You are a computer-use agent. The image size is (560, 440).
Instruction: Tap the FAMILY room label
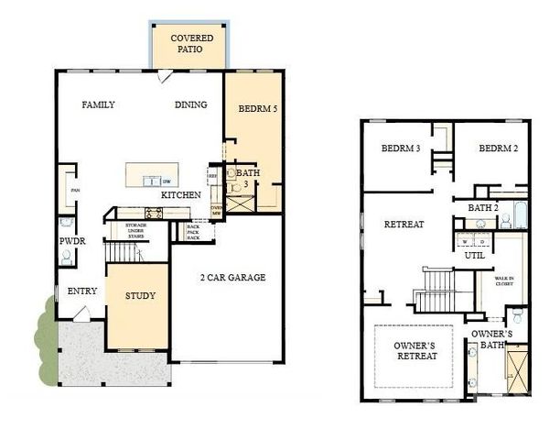point(98,104)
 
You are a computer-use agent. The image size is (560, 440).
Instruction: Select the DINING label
point(191,104)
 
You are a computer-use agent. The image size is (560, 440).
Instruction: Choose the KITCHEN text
point(181,195)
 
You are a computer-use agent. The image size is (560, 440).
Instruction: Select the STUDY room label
point(140,296)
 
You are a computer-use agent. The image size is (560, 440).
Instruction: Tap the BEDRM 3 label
point(400,148)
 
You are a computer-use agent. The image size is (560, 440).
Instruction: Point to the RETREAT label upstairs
point(403,224)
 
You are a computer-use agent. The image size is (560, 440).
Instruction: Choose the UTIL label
point(474,257)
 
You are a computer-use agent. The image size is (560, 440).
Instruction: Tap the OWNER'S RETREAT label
point(417,352)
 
